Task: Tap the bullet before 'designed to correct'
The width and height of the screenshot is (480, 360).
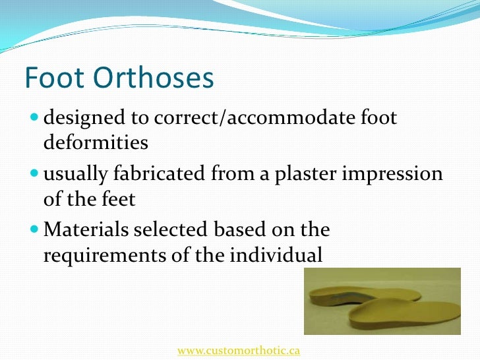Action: tap(34, 119)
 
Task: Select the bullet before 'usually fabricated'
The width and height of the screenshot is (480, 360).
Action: tap(34, 175)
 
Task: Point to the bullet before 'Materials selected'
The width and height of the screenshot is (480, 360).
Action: tap(34, 230)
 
